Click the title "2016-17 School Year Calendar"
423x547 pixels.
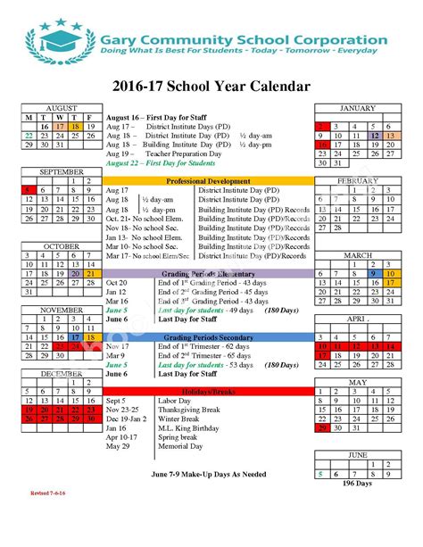tap(211, 87)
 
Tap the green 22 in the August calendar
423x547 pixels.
tap(29, 136)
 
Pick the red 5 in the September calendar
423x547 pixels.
tap(29, 190)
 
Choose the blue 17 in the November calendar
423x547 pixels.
tap(74, 337)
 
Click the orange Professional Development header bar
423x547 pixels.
tap(209, 181)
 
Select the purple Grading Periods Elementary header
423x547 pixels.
tap(209, 274)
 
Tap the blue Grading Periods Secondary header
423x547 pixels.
tap(209, 338)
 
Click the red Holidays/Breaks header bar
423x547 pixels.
tap(209, 393)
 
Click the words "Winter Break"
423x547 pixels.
tap(178, 419)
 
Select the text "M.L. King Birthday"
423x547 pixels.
tap(187, 428)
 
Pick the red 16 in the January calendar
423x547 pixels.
tap(322, 145)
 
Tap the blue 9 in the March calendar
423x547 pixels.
tap(375, 273)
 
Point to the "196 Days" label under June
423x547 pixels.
tap(357, 483)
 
